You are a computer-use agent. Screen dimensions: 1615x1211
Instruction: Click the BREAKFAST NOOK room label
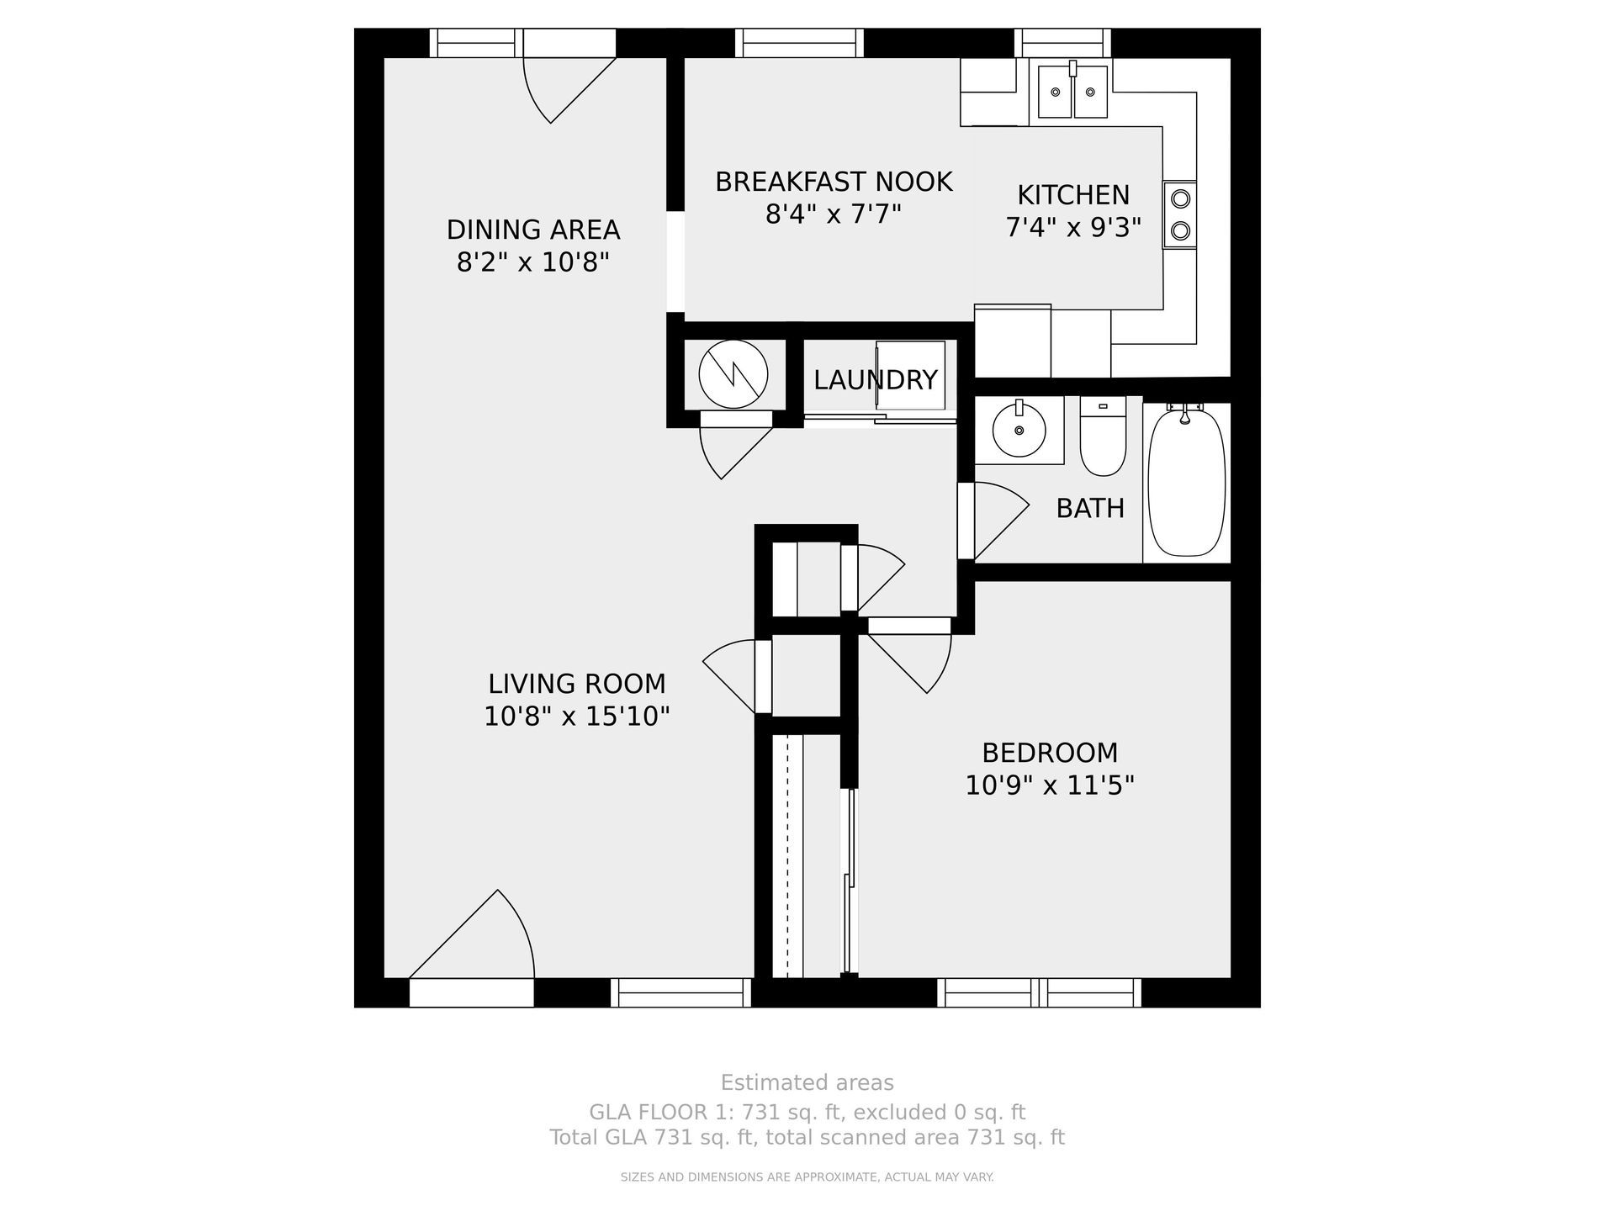tap(834, 182)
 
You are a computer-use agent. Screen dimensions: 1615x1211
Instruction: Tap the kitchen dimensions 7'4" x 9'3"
tap(1073, 228)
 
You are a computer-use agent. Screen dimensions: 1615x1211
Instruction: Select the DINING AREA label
tap(533, 230)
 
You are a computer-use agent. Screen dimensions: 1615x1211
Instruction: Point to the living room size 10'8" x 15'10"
tap(577, 717)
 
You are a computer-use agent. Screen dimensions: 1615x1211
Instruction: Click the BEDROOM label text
tap(1050, 752)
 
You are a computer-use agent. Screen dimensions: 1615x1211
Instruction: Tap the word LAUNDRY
tap(875, 380)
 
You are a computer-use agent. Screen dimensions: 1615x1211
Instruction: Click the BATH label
tap(1090, 508)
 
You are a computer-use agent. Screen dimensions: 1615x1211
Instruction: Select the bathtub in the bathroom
tap(1187, 480)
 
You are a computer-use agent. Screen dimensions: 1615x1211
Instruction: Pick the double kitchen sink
tap(1072, 90)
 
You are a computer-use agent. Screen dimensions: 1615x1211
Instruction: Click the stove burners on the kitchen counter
tap(1180, 214)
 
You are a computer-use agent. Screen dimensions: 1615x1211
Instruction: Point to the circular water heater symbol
tap(733, 375)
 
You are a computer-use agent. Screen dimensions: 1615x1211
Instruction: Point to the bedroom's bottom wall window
tap(1040, 992)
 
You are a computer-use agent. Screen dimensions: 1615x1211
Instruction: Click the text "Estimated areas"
tap(807, 1082)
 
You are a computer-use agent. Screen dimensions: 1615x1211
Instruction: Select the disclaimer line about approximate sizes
tap(807, 1177)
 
